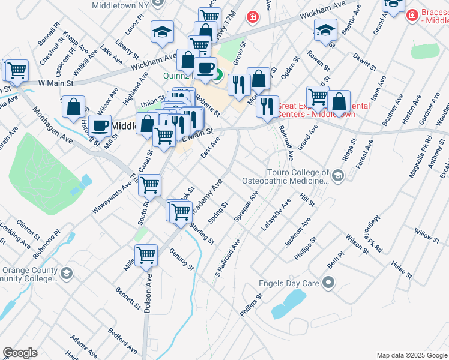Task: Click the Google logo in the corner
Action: coord(20,353)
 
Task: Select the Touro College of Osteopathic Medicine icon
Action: coord(339,175)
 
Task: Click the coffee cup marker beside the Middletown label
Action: coord(101,124)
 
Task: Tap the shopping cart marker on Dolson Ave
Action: coord(146,255)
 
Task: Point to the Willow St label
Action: coord(427,233)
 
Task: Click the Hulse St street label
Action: coord(400,268)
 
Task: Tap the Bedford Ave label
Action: coord(122,340)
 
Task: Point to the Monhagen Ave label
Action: coord(53,125)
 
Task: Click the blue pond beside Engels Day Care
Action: coord(288,304)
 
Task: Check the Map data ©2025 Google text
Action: coord(412,355)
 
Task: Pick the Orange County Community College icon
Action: coord(66,274)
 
